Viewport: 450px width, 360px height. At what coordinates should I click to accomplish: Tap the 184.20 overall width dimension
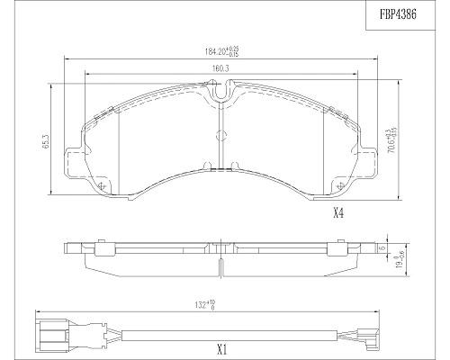tap(220, 51)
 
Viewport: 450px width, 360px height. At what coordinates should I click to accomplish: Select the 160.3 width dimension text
tap(218, 68)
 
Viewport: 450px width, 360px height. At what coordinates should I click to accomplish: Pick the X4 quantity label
tap(339, 213)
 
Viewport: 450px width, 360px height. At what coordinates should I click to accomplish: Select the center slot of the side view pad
tap(219, 253)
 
